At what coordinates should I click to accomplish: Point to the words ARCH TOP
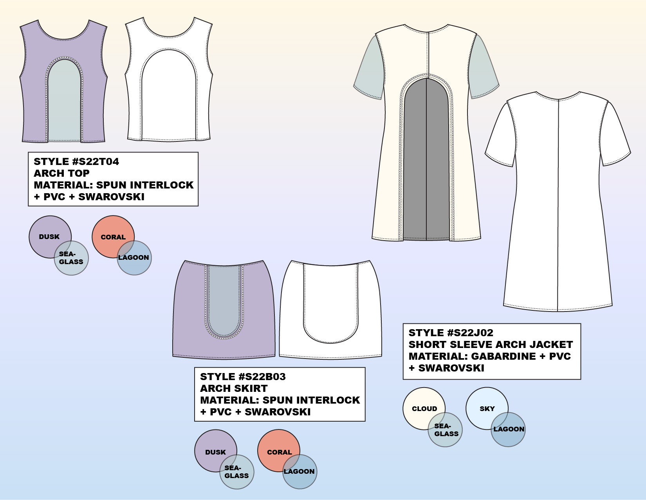(x=61, y=174)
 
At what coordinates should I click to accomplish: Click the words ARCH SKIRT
(x=234, y=389)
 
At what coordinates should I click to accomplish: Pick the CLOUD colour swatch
(x=419, y=404)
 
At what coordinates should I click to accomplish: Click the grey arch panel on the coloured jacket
(x=426, y=165)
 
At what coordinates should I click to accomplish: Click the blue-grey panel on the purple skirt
(x=224, y=298)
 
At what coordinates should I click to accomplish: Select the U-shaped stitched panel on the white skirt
(x=330, y=302)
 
